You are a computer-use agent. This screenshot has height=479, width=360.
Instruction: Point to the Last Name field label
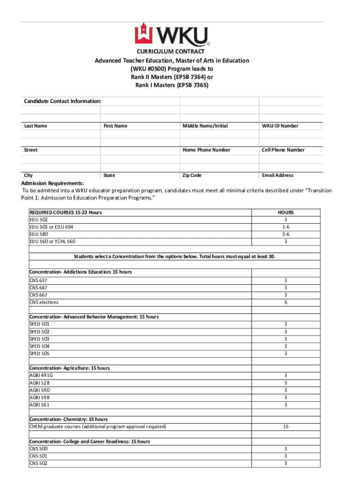click(36, 126)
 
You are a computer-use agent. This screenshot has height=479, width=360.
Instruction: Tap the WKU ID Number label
click(280, 126)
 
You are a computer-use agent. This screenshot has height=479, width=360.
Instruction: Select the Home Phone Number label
click(206, 150)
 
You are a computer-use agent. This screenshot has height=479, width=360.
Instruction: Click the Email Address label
click(278, 175)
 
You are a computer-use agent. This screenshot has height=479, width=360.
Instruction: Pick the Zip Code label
click(192, 175)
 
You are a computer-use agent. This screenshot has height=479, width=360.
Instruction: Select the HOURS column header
click(285, 212)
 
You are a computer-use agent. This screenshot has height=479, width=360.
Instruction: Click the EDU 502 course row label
click(38, 220)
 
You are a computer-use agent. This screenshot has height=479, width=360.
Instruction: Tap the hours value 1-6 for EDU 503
click(285, 227)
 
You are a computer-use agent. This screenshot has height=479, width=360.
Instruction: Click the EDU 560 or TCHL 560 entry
click(52, 241)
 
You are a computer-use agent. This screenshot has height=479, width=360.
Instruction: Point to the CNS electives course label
click(43, 302)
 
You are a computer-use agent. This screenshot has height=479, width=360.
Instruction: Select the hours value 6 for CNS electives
click(285, 302)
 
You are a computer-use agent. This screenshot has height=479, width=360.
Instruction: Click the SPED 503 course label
click(39, 339)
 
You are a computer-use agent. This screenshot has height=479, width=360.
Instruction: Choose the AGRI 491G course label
click(41, 375)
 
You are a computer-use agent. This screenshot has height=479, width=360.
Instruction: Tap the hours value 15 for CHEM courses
click(285, 427)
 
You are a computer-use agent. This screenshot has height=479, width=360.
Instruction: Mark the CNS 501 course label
click(38, 456)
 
